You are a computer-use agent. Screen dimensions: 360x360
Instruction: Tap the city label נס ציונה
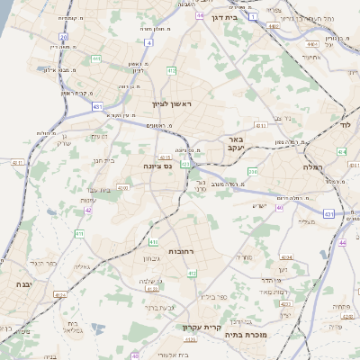(158, 166)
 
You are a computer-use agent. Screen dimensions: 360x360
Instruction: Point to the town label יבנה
(22, 283)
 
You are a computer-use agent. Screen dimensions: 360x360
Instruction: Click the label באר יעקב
(235, 144)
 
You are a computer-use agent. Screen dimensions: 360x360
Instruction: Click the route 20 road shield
(63, 37)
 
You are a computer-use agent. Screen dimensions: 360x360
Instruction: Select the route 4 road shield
(148, 41)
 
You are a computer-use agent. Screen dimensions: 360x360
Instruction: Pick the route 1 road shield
(253, 17)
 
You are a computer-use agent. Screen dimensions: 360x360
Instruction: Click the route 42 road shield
(88, 210)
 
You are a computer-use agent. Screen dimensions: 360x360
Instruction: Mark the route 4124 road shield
(60, 294)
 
